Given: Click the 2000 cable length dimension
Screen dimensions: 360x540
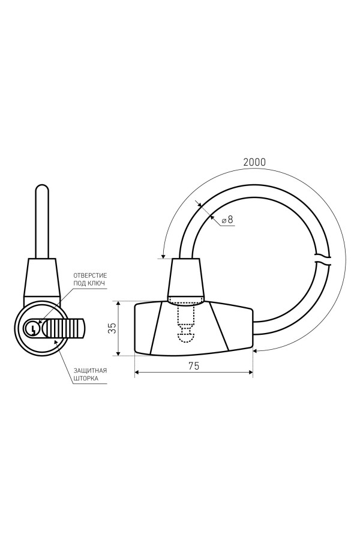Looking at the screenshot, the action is click(254, 162).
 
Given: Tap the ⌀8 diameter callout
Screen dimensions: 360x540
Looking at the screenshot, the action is click(228, 220).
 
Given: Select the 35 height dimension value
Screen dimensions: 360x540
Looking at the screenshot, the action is click(112, 328).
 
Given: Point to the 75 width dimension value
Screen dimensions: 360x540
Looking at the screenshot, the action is click(194, 366).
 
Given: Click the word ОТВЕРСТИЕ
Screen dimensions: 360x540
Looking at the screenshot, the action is click(90, 275).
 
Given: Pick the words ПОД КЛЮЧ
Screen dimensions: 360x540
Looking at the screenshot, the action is click(89, 283).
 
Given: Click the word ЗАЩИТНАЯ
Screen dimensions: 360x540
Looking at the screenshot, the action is click(90, 371).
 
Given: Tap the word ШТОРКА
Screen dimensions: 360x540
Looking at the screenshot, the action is click(86, 378).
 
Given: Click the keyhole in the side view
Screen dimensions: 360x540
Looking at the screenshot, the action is click(32, 328).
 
